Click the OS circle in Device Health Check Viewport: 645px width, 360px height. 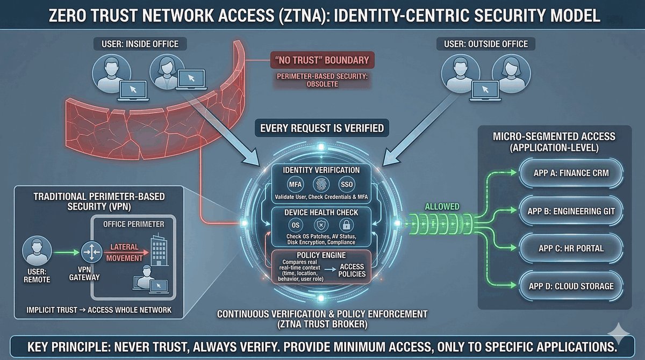pyautogui.click(x=295, y=225)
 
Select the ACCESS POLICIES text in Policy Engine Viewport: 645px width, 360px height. pyautogui.click(x=352, y=270)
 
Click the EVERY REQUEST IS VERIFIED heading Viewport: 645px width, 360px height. pyautogui.click(x=322, y=128)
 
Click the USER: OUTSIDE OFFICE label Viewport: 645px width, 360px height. pyautogui.click(x=486, y=44)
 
